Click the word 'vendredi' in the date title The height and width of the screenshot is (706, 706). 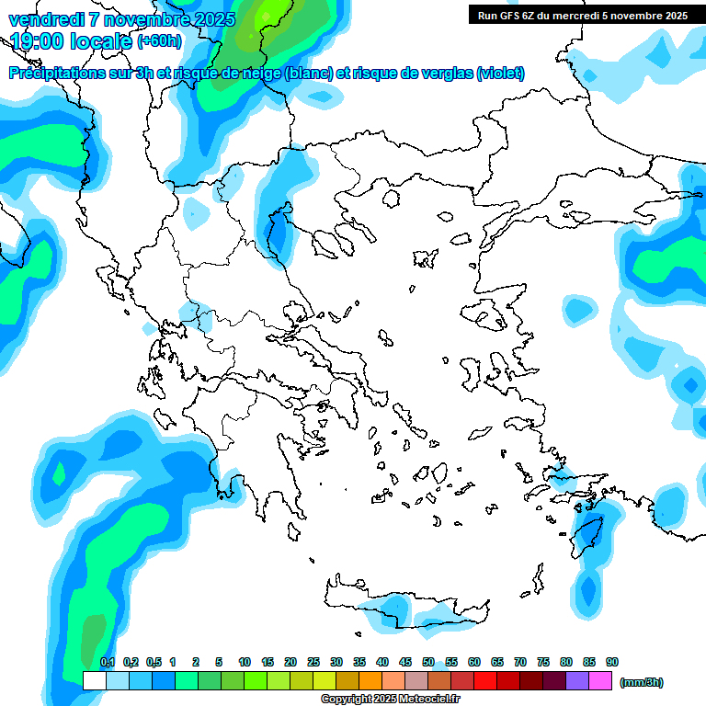pyautogui.click(x=46, y=18)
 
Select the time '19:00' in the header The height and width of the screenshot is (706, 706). pyautogui.click(x=41, y=41)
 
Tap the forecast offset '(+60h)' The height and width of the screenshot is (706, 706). pyautogui.click(x=159, y=41)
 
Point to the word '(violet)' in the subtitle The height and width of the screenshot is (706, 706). pyautogui.click(x=500, y=74)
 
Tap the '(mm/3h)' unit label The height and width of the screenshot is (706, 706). pyautogui.click(x=642, y=682)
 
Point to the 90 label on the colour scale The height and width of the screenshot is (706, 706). pyautogui.click(x=612, y=662)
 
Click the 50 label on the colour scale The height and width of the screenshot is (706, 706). pyautogui.click(x=428, y=662)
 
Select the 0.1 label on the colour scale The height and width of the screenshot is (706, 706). pyautogui.click(x=108, y=662)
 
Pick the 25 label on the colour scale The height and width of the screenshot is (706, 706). pyautogui.click(x=313, y=662)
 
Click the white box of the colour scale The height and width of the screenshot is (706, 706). pyautogui.click(x=94, y=681)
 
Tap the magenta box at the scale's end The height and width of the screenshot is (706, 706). pyautogui.click(x=600, y=681)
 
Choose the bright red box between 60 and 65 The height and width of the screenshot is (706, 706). pyautogui.click(x=485, y=681)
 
